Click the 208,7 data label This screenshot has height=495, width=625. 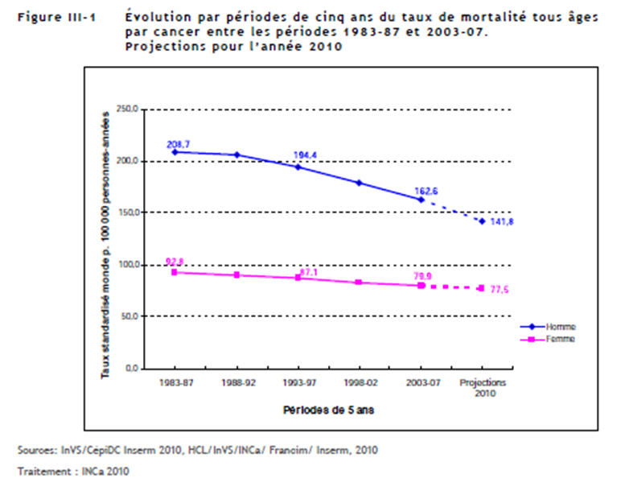(x=177, y=144)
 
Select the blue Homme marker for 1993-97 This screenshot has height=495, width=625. (x=298, y=167)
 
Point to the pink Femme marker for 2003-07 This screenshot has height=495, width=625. (x=421, y=286)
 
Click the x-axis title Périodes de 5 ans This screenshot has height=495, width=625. (x=327, y=410)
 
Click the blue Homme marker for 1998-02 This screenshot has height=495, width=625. (x=360, y=183)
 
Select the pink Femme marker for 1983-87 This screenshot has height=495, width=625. (x=175, y=272)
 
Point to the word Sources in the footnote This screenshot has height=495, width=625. (x=35, y=449)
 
